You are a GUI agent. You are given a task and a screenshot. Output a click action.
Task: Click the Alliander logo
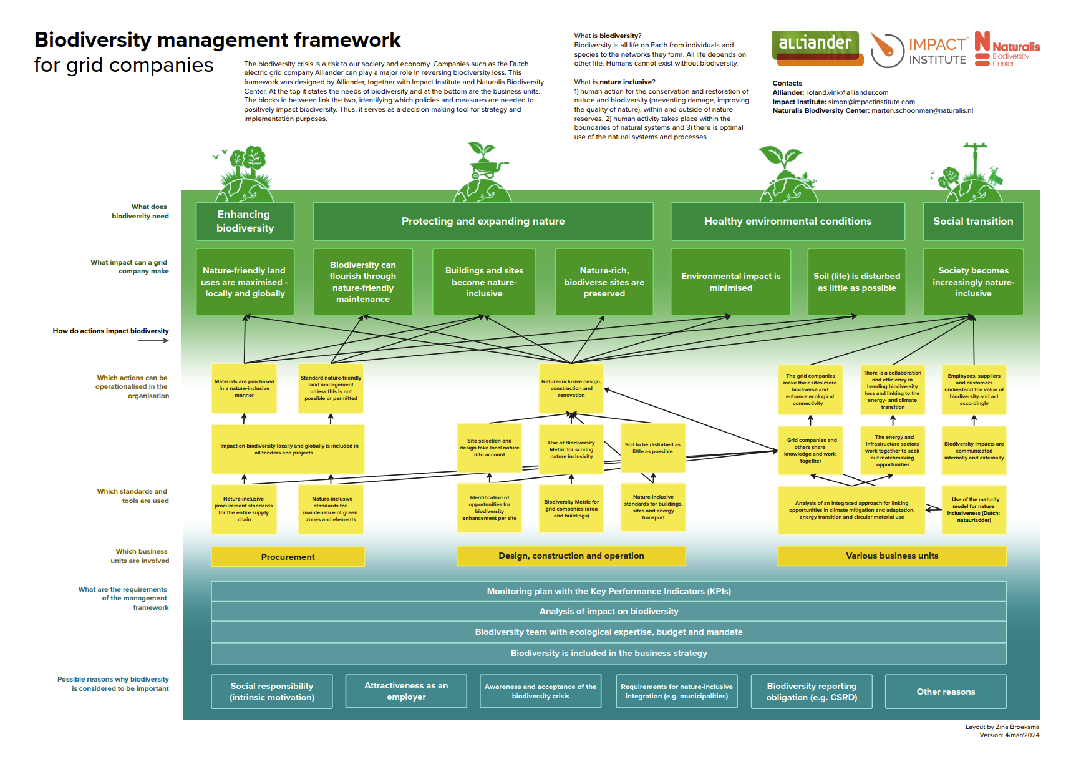817,47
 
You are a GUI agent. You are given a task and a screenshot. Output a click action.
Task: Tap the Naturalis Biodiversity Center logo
1007,49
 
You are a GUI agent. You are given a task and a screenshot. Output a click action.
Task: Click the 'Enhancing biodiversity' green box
245,221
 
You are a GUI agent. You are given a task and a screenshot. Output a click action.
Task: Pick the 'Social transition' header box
972,221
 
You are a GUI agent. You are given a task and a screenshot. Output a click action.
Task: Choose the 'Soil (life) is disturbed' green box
856,282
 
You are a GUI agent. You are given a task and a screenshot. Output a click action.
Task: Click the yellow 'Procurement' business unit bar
288,557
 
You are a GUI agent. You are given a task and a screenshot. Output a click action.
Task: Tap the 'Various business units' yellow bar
891,556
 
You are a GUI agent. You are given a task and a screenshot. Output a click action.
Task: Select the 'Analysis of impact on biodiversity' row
608,611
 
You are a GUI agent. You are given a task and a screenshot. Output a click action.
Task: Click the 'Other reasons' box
945,692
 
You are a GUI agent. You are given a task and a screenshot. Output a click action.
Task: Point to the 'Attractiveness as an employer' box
406,691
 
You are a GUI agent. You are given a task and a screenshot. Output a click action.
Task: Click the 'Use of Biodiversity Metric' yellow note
571,449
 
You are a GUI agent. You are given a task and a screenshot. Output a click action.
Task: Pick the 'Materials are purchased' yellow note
244,388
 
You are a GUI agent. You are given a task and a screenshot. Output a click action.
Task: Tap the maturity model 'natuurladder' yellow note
974,510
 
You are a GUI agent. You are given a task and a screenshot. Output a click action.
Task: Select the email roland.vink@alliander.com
846,92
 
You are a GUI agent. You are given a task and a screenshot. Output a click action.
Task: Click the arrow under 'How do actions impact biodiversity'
153,340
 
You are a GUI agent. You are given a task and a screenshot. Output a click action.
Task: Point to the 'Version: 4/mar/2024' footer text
1009,735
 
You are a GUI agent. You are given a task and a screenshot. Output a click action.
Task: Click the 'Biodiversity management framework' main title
217,40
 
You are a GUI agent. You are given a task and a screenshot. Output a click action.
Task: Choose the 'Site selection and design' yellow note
490,448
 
